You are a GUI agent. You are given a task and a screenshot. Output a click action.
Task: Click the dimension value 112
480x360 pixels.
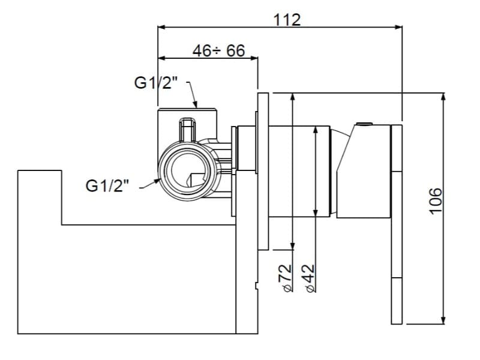pos(287,20)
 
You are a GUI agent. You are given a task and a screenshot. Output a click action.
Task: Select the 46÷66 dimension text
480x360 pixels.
pos(219,50)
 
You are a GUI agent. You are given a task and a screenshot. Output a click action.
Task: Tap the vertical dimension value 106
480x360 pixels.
pos(436,201)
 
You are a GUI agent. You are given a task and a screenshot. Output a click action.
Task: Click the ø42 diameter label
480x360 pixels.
pos(310,278)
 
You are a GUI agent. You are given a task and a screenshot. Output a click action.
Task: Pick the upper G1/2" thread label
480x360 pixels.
pos(156,83)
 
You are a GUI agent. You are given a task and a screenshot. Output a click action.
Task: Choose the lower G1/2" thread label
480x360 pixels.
pos(107,185)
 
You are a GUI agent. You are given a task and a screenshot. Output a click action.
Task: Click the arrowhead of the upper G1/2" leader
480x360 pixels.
pos(195,104)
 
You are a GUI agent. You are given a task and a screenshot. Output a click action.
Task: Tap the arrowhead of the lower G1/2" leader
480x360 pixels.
pos(157,181)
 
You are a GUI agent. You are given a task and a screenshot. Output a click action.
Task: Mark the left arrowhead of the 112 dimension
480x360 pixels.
pos(161,27)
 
